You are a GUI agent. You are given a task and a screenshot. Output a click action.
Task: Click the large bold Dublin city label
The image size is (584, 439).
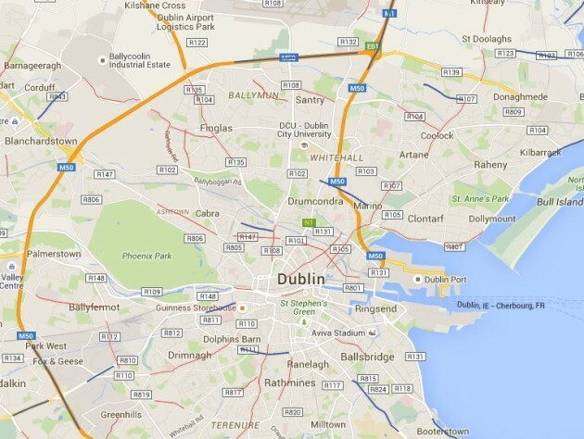point(301,279)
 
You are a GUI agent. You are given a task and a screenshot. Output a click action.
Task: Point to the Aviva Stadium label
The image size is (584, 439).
point(335,332)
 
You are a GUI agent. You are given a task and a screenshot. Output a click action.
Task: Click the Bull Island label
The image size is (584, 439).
point(558,201)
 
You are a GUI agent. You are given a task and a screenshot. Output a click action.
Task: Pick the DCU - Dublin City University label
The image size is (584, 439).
point(305,132)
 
